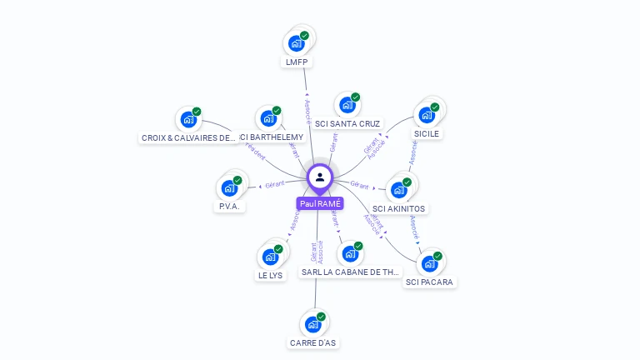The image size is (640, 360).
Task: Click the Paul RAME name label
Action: tap(319, 203)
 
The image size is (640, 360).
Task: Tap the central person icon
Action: tap(320, 177)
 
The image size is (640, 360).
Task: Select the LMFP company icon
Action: tap(296, 43)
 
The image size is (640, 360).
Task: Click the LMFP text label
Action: tap(297, 62)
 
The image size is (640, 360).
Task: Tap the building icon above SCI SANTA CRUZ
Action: tap(347, 106)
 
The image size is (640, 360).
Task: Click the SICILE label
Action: tap(427, 133)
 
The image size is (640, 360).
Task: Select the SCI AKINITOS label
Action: tap(398, 208)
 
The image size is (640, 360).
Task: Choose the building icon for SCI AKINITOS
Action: tap(399, 190)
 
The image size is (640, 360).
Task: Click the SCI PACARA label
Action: tap(429, 282)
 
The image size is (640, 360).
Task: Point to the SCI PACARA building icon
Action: tap(430, 264)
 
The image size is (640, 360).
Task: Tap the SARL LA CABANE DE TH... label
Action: tap(351, 272)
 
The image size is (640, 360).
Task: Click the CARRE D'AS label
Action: tap(314, 342)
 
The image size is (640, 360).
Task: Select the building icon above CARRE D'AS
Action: tap(313, 324)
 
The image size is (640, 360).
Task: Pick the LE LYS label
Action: tap(271, 275)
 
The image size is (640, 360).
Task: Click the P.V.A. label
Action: tap(230, 207)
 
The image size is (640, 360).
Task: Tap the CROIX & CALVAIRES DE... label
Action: tap(188, 138)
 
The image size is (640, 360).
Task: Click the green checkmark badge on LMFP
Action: tap(305, 36)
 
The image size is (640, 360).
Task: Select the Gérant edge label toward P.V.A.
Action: tap(275, 183)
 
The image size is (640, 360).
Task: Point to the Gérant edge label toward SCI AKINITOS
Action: tap(360, 184)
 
